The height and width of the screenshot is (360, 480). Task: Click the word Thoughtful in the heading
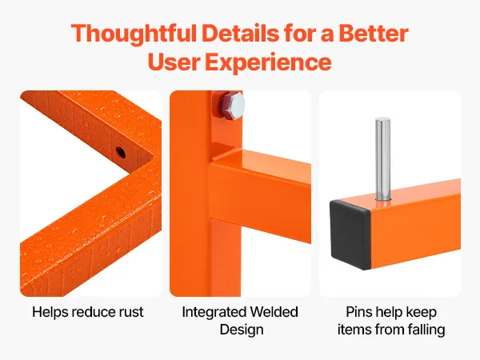(x=134, y=34)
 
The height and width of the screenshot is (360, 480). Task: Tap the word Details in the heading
(x=240, y=33)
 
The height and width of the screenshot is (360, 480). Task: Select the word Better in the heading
(x=374, y=33)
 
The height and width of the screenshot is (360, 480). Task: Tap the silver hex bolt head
(x=234, y=106)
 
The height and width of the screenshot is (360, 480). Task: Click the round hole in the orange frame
(x=120, y=152)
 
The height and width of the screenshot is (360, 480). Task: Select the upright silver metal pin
(x=382, y=159)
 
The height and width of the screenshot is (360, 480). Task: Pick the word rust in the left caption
(x=130, y=312)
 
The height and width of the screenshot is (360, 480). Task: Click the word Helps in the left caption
(x=50, y=313)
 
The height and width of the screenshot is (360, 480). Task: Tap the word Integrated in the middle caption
(x=214, y=313)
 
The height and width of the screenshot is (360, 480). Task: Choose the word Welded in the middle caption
(x=274, y=312)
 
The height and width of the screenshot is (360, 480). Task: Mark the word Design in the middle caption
(x=242, y=330)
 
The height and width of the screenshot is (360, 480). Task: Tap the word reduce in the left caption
(x=93, y=312)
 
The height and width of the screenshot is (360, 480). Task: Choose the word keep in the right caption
(x=422, y=313)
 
